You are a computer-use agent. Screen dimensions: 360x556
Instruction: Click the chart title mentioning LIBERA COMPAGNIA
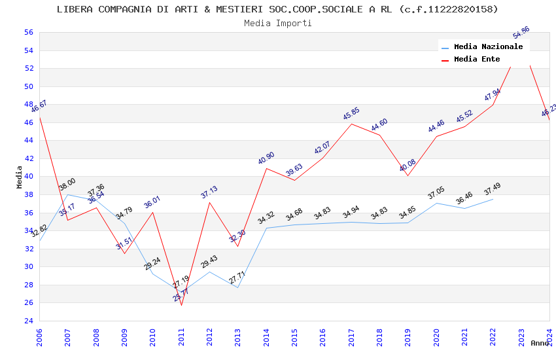(x=277, y=9)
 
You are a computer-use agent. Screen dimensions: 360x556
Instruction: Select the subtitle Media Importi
(x=277, y=23)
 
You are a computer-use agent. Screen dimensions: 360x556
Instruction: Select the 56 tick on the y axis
(x=28, y=32)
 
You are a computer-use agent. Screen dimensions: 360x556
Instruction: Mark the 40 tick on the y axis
(x=28, y=177)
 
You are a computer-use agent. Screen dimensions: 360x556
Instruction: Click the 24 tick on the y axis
(x=28, y=321)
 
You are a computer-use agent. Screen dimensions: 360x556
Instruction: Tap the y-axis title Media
(x=20, y=177)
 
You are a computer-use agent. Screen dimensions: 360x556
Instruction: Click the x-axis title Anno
(x=540, y=343)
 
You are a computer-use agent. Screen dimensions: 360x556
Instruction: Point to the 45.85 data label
(x=351, y=114)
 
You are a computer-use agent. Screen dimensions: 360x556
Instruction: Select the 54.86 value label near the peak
(x=521, y=33)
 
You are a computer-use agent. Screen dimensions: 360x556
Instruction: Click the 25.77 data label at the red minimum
(x=181, y=295)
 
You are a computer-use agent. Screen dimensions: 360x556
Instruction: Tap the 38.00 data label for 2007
(x=67, y=185)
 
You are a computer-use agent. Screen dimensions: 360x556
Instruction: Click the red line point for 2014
(x=266, y=168)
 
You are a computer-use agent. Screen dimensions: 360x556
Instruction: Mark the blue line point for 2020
(x=436, y=203)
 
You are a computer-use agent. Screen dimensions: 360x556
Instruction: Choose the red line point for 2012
(x=209, y=202)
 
